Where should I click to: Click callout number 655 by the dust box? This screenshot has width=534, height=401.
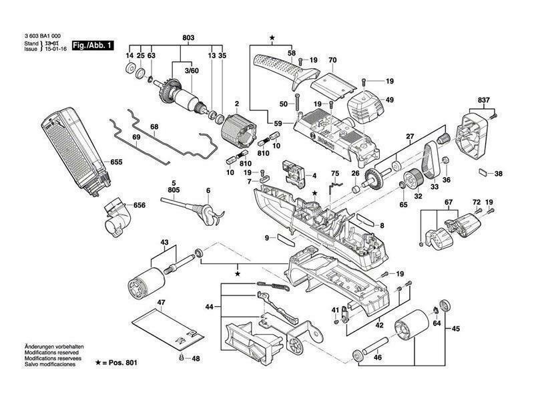[x=117, y=162]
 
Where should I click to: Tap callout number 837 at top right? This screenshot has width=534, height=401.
[x=483, y=100]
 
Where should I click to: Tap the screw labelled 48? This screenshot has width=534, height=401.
[x=182, y=358]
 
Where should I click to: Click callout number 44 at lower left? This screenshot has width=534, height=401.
[x=209, y=307]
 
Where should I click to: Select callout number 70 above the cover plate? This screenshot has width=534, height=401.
[x=332, y=59]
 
